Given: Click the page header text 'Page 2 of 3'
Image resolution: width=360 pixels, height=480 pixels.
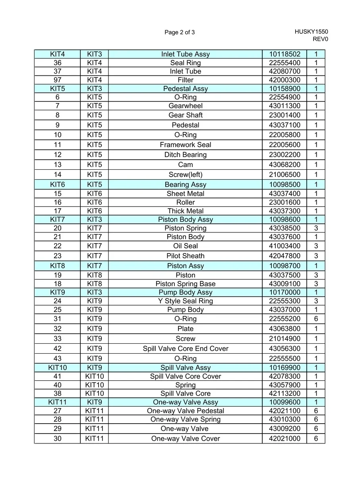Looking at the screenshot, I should tap(180, 32).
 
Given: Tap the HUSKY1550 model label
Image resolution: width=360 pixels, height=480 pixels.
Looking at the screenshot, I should tap(311, 32).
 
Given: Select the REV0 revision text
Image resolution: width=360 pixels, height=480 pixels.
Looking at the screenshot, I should tap(320, 39).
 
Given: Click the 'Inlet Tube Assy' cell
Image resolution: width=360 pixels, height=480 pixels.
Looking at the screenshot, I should tap(185, 54).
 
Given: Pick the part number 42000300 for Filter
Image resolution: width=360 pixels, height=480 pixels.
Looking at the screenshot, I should tap(285, 80).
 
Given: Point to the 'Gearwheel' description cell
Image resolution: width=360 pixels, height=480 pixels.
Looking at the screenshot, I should tap(185, 106).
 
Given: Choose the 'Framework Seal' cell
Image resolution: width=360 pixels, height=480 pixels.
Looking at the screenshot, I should tap(185, 145).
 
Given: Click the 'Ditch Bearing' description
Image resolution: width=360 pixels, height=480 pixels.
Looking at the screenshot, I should tap(185, 155).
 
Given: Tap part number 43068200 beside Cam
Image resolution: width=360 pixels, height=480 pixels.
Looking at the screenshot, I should tap(285, 165).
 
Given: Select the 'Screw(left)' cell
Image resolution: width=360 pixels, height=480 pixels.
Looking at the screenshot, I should tap(185, 174).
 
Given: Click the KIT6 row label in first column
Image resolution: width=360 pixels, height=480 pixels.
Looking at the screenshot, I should tap(57, 184).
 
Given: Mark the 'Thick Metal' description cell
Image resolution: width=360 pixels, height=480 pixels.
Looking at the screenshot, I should tap(185, 211).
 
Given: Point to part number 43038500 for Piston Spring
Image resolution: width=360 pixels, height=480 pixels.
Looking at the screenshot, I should tap(285, 228).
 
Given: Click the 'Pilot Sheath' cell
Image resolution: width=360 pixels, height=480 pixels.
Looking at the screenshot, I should tap(185, 256).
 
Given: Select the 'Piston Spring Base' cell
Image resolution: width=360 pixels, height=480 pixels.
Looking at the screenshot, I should tap(185, 284).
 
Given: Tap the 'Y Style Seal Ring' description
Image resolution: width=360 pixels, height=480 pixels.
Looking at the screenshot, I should tap(185, 301).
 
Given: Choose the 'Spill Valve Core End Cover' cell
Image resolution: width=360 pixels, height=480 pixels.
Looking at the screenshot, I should tap(185, 348).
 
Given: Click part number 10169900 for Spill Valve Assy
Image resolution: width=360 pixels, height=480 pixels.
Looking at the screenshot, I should tap(285, 368).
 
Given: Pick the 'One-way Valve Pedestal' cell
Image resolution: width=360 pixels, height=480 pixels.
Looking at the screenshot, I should tap(185, 411).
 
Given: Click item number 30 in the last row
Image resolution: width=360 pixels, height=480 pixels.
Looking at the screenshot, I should tap(57, 439).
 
